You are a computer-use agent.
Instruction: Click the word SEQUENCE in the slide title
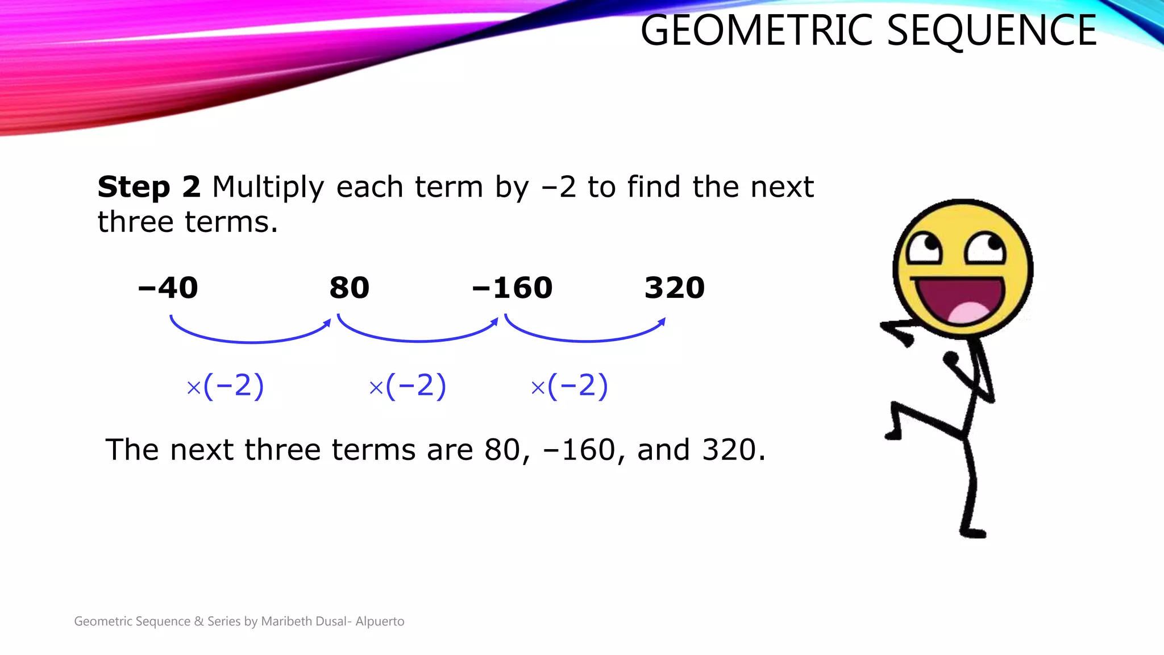(x=991, y=31)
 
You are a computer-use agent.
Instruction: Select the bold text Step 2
(x=149, y=187)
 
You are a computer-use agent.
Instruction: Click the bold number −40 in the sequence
(x=168, y=288)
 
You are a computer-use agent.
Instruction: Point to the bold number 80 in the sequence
(x=350, y=288)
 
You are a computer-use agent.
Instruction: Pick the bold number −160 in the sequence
(x=513, y=288)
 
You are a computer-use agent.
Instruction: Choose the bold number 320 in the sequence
(x=675, y=288)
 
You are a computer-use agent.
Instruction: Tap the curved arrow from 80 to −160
(x=418, y=339)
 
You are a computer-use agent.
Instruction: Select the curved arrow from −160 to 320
(x=585, y=339)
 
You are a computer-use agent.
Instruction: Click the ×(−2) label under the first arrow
(x=226, y=386)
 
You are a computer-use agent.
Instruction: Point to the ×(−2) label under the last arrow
(x=569, y=386)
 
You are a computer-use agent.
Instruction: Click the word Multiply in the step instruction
(x=268, y=187)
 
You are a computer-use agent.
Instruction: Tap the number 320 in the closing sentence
(x=729, y=450)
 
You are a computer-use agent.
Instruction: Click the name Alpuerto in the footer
(x=380, y=621)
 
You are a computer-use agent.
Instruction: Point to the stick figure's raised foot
(x=893, y=435)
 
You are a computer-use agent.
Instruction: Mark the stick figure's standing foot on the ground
(x=973, y=533)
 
